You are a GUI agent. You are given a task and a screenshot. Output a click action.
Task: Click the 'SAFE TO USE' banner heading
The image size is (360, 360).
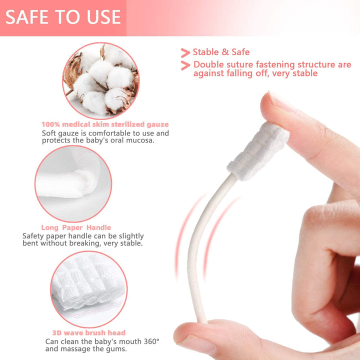63,17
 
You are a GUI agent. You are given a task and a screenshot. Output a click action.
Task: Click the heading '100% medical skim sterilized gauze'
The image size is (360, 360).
105,124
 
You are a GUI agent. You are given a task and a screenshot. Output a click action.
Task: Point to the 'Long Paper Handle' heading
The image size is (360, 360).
76,227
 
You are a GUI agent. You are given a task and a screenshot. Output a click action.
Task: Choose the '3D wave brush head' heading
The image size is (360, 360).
89,332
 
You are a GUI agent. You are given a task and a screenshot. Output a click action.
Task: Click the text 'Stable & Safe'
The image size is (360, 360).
221,51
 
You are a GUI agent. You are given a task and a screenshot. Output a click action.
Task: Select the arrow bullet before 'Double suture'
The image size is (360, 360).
185,65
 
